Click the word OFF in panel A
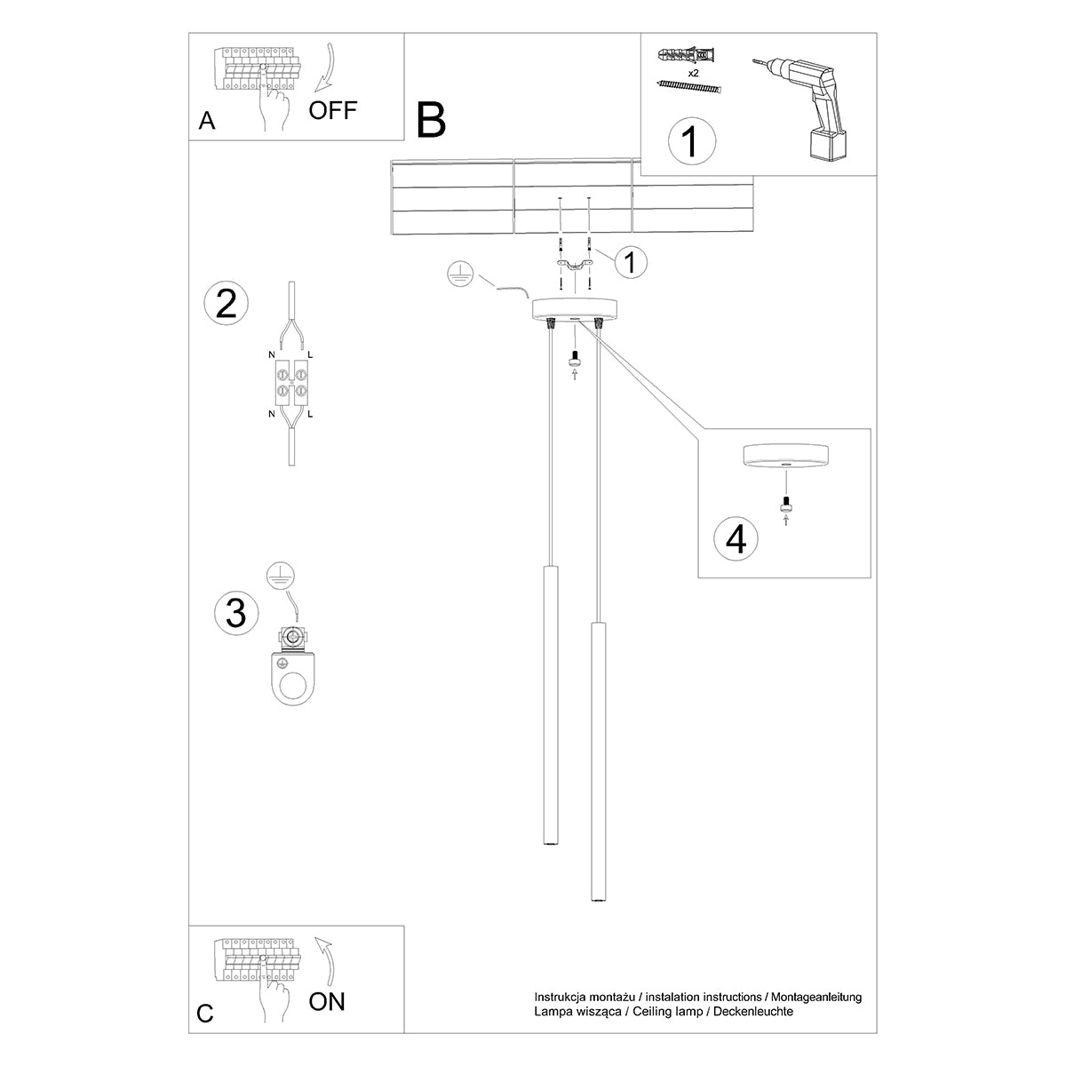click(333, 110)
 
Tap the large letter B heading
click(431, 120)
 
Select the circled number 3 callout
click(236, 613)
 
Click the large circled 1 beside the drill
click(690, 141)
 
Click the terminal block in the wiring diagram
click(290, 381)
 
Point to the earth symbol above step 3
click(280, 576)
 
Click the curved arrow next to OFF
click(326, 65)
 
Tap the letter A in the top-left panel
click(207, 122)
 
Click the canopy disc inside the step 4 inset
click(784, 456)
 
